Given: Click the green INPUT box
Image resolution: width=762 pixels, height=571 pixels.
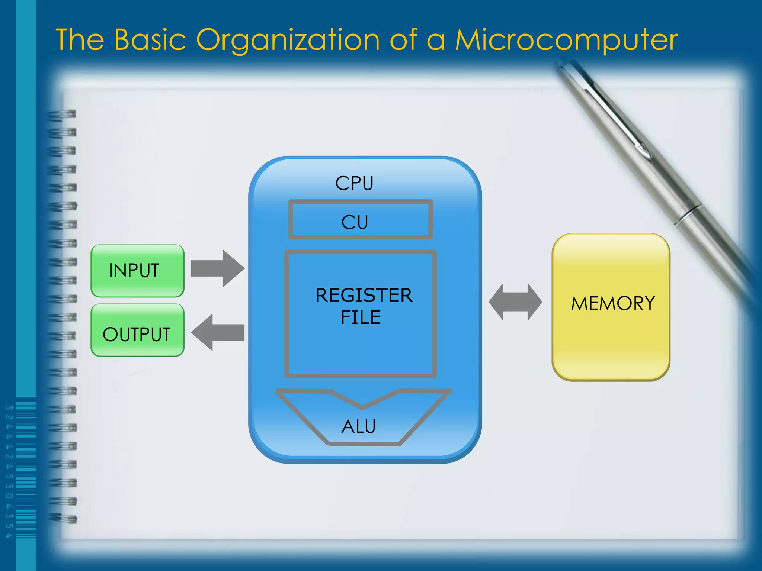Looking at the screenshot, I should pyautogui.click(x=137, y=271).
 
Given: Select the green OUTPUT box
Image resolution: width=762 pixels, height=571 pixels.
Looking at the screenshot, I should pyautogui.click(x=137, y=330).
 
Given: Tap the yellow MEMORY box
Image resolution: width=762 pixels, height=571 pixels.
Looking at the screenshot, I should pyautogui.click(x=611, y=307).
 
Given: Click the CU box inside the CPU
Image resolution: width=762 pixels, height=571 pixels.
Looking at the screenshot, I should pyautogui.click(x=360, y=219).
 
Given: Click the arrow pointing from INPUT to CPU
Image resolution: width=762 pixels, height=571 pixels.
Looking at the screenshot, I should pyautogui.click(x=217, y=268).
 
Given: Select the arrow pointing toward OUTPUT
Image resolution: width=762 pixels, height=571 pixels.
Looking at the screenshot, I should pyautogui.click(x=217, y=332).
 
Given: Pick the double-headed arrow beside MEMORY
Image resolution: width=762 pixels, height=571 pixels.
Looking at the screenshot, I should pyautogui.click(x=515, y=302).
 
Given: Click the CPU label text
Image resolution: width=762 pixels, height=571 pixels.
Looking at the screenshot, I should pyautogui.click(x=354, y=183).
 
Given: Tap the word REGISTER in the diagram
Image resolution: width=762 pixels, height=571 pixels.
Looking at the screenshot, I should pyautogui.click(x=364, y=296).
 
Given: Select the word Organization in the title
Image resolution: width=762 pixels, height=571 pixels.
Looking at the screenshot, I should pyautogui.click(x=288, y=40).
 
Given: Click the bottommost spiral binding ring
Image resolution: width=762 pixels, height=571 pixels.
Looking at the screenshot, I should pyautogui.click(x=63, y=518).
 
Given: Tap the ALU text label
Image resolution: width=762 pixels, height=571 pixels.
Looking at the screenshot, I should pyautogui.click(x=359, y=426).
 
